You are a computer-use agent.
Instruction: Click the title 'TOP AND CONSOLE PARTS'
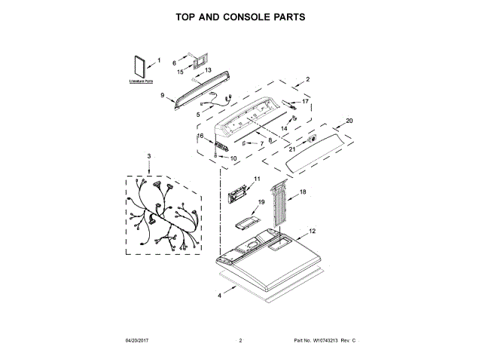coord(241,16)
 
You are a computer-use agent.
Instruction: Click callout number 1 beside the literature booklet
coord(159,60)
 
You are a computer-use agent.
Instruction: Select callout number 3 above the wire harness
coord(149,156)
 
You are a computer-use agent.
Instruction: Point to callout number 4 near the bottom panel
coord(220,296)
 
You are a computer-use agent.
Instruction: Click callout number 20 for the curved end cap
coord(349,121)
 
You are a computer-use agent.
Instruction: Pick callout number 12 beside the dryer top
coord(312,232)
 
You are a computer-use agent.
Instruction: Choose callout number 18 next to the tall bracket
coord(303,193)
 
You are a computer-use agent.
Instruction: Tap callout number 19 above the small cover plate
coord(261,202)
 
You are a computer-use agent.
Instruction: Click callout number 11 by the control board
coord(256,179)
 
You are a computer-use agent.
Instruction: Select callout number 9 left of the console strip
coord(162,96)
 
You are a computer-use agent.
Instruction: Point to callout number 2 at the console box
coord(307,78)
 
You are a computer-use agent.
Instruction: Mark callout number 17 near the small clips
coord(306,101)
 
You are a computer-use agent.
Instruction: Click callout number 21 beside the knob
coord(291,148)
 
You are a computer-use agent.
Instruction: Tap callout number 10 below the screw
coord(233,158)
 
